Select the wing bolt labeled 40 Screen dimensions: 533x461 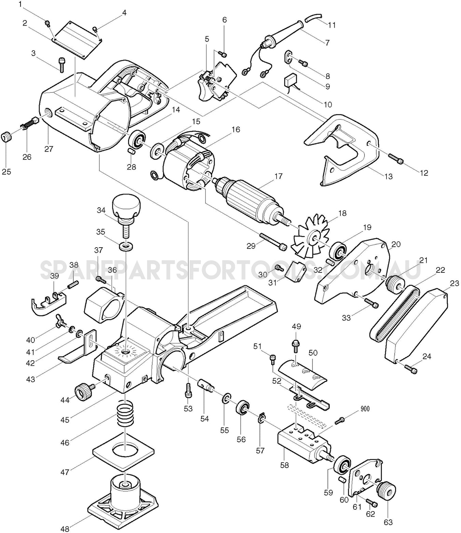pos(58,324)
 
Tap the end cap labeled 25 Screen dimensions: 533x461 pos(7,138)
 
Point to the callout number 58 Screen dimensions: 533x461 pos(284,465)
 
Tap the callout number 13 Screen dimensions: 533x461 pos(388,177)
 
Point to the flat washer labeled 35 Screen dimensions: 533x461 pos(126,246)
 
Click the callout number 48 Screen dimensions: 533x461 pos(65,529)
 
